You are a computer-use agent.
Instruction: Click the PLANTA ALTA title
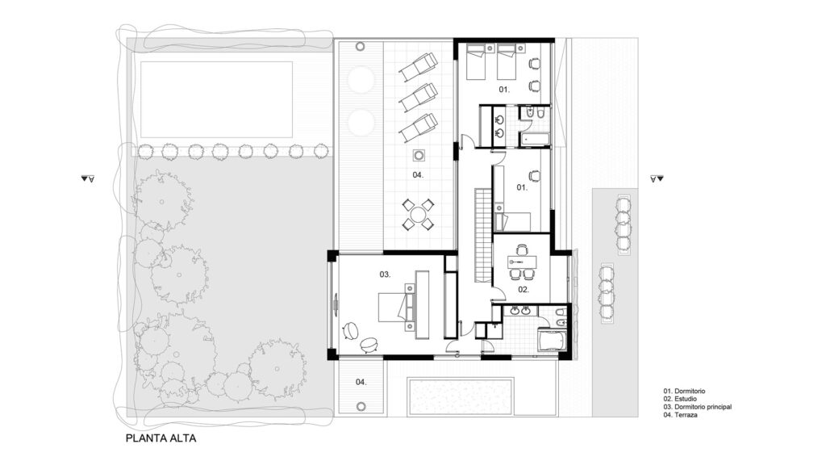pyautogui.click(x=161, y=438)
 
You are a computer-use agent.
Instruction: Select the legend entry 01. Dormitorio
pyautogui.click(x=684, y=392)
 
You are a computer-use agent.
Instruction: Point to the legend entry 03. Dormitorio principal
pyautogui.click(x=698, y=407)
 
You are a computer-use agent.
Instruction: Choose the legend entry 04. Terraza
pyautogui.click(x=680, y=415)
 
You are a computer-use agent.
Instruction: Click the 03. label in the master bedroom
pyautogui.click(x=385, y=274)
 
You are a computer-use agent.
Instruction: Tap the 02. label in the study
pyautogui.click(x=523, y=290)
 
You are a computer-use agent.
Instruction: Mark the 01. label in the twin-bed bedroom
pyautogui.click(x=504, y=90)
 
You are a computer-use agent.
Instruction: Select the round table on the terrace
pyautogui.click(x=419, y=215)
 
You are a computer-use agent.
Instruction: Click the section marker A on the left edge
pyautogui.click(x=87, y=179)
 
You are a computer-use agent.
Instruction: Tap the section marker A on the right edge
pyautogui.click(x=657, y=179)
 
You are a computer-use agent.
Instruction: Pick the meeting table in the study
pyautogui.click(x=521, y=262)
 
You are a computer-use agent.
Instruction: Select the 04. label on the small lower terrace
pyautogui.click(x=361, y=382)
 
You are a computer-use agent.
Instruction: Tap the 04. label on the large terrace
pyautogui.click(x=418, y=175)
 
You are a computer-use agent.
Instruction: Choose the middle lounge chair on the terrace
pyautogui.click(x=419, y=97)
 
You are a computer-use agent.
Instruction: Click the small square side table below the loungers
pyautogui.click(x=419, y=156)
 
